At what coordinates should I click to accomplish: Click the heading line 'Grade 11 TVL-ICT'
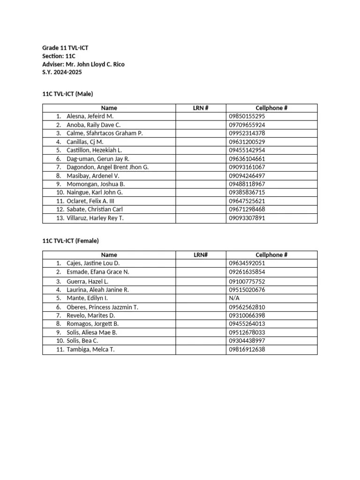click(65, 48)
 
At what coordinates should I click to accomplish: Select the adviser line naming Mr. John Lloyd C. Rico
click(83, 64)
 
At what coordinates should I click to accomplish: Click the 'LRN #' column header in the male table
click(201, 108)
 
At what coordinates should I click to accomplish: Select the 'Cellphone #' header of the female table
click(271, 255)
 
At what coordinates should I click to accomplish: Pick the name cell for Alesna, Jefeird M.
click(90, 116)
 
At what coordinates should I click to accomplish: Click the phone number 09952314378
click(247, 133)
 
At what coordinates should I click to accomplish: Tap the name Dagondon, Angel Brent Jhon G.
click(107, 167)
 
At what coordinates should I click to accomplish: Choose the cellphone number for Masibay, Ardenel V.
click(247, 176)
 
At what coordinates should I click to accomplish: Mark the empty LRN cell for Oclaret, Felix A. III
click(201, 201)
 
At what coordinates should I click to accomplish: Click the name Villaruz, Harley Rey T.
click(95, 218)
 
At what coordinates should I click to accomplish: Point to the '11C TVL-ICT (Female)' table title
click(70, 241)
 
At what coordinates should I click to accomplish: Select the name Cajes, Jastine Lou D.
click(93, 263)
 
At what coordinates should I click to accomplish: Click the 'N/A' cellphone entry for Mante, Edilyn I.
click(234, 298)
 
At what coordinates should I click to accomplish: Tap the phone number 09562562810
click(247, 307)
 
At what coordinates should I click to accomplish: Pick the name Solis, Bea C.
click(82, 341)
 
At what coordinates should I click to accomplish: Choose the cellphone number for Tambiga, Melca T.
click(247, 350)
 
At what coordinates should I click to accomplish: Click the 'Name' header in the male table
click(109, 108)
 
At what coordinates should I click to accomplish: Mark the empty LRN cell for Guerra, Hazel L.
click(201, 282)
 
